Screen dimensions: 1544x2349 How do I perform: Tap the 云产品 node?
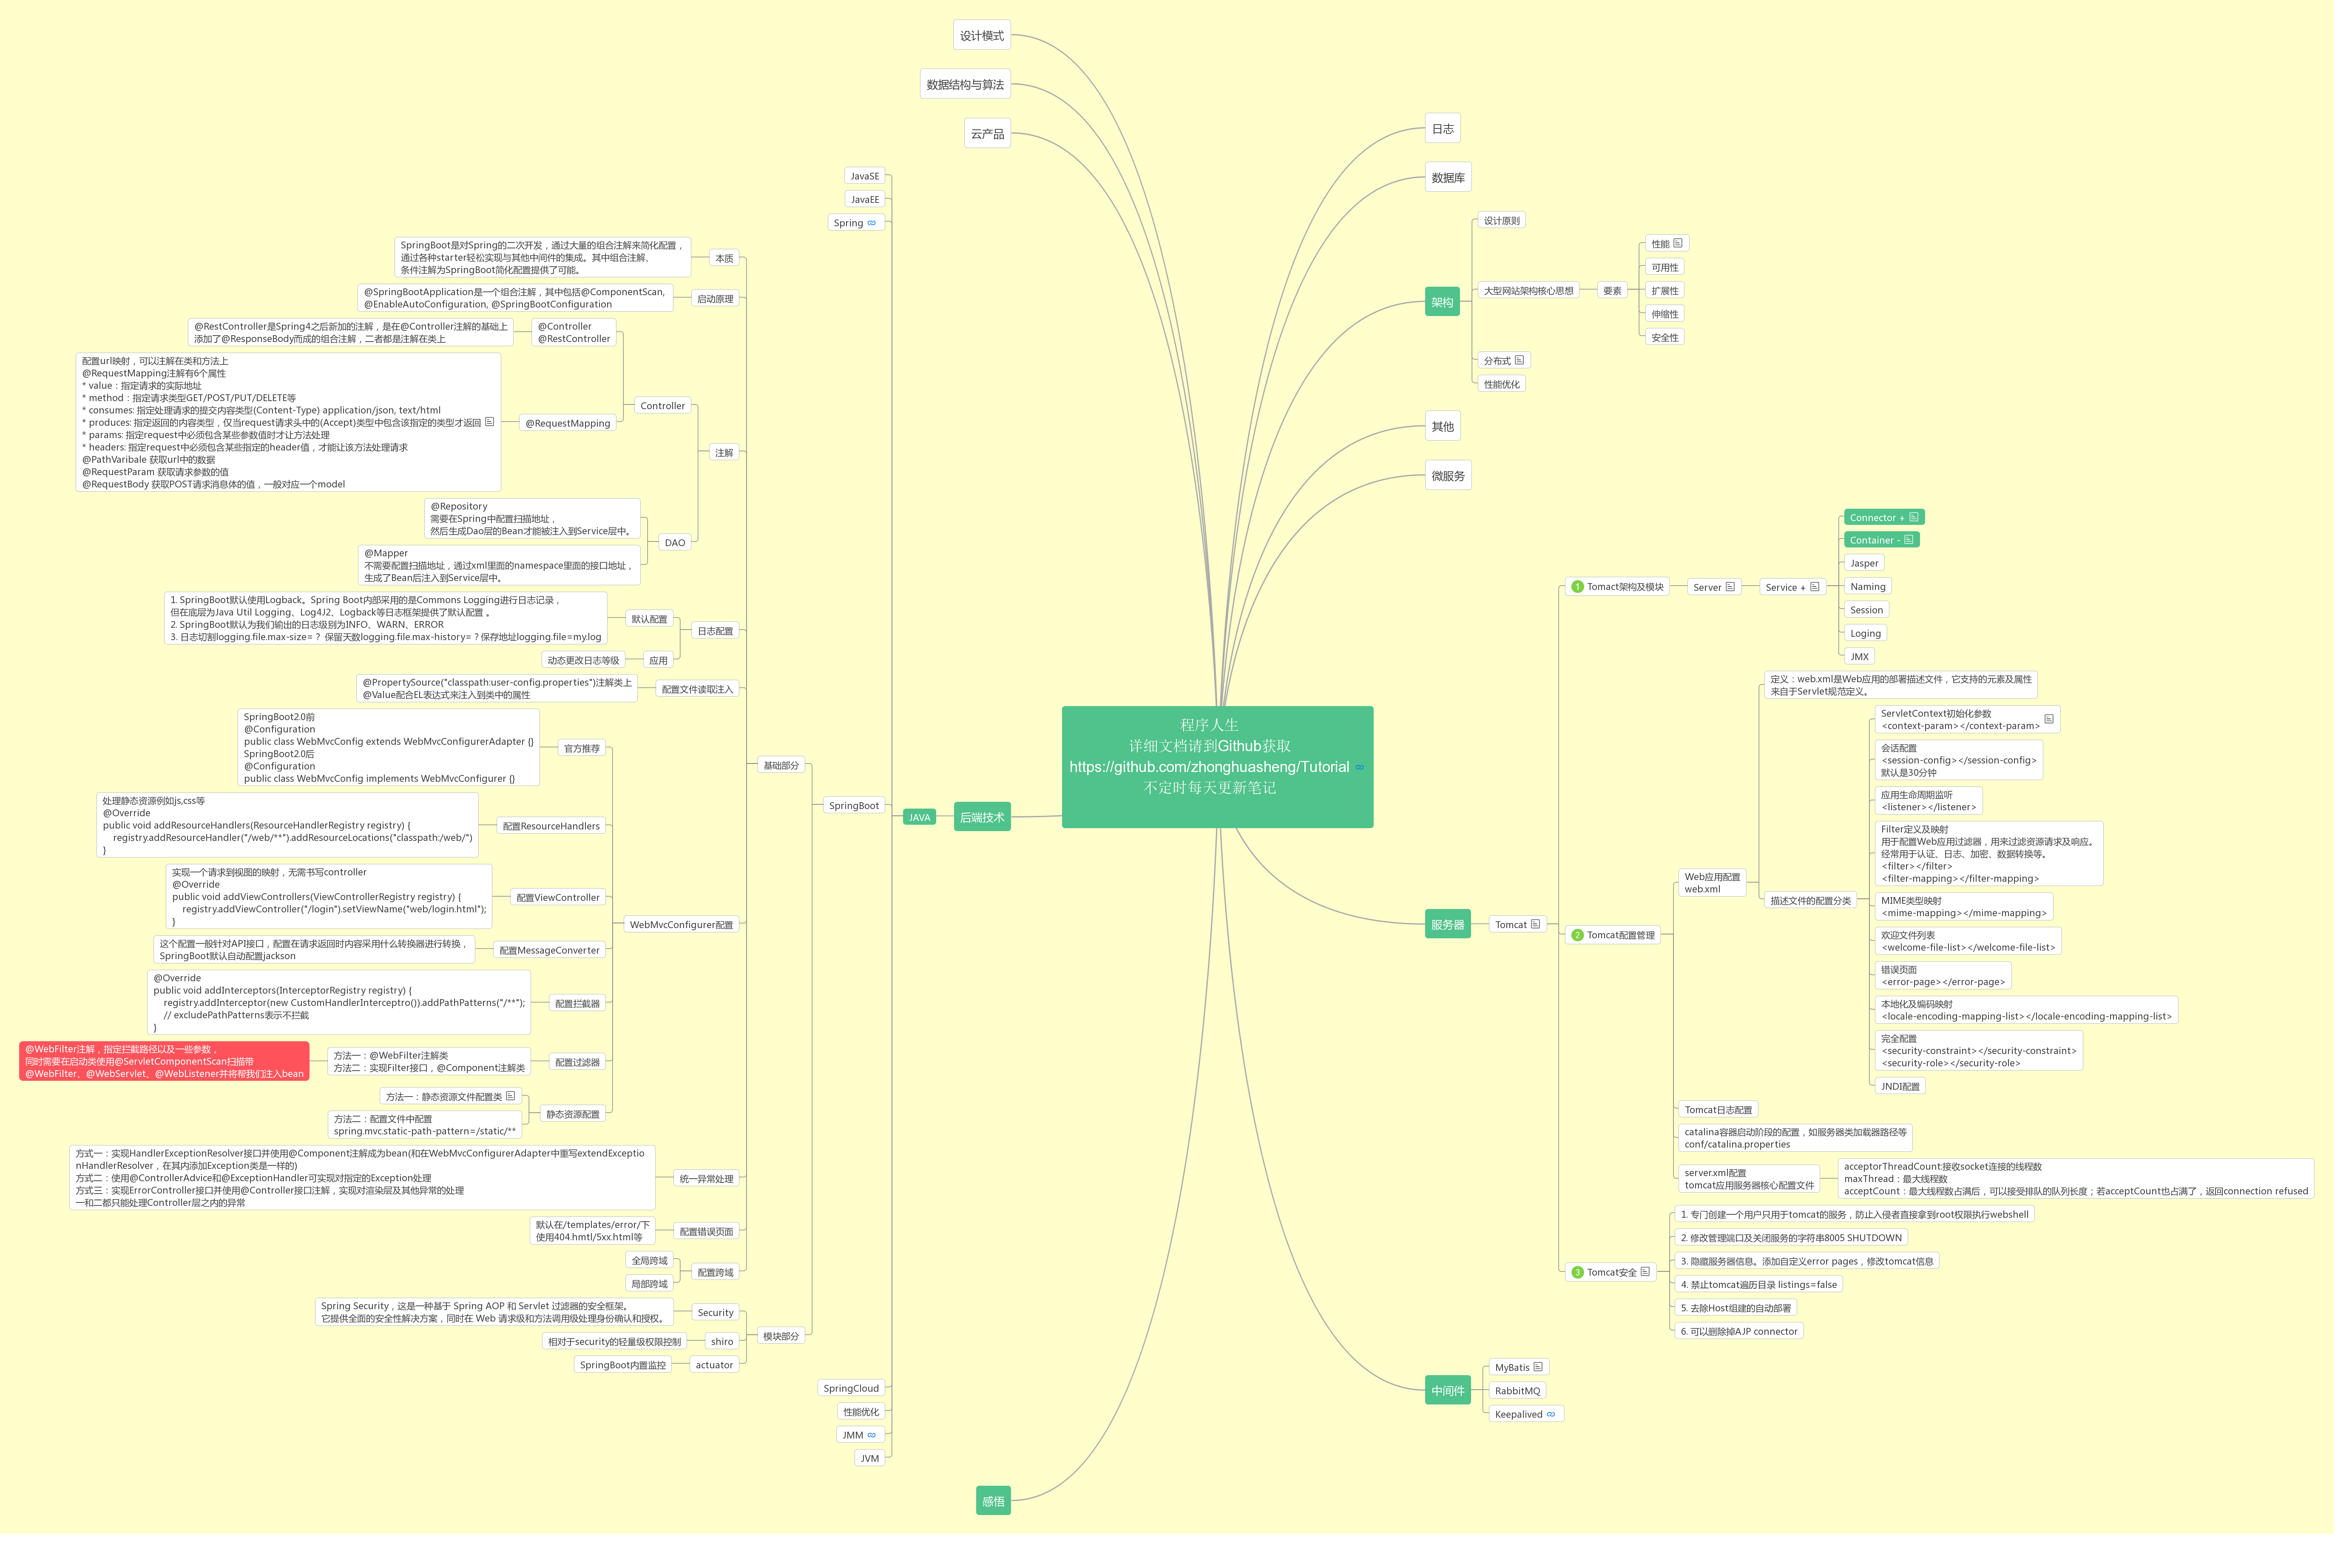(x=987, y=133)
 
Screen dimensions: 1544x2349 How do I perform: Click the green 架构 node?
(x=1442, y=302)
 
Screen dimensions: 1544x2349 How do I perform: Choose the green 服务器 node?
(x=1448, y=924)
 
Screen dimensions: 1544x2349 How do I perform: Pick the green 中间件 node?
(x=1448, y=1390)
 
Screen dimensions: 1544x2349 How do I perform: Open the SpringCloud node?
(x=851, y=1388)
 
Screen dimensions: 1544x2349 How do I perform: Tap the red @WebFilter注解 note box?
(x=164, y=1061)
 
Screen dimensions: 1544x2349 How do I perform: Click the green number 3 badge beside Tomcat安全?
(x=1577, y=1273)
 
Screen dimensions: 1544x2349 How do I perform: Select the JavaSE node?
(x=865, y=176)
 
